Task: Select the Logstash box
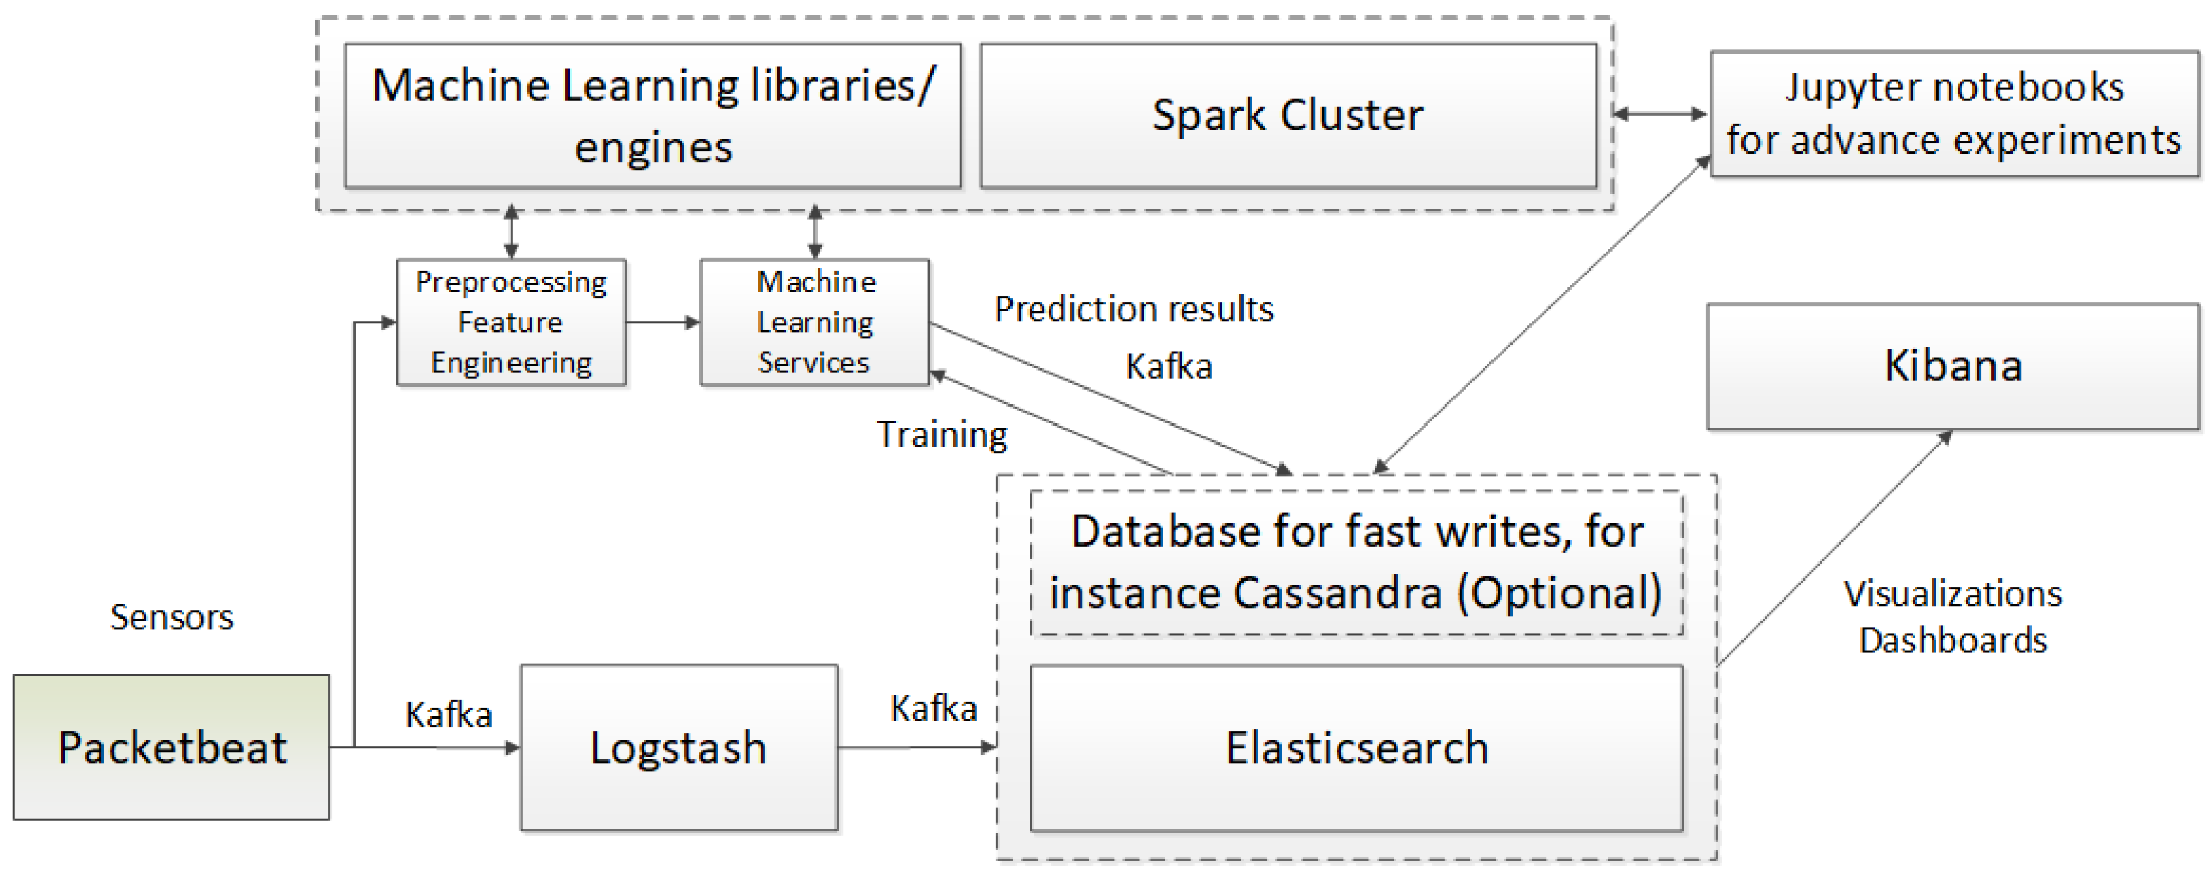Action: point(678,747)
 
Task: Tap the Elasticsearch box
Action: point(1356,747)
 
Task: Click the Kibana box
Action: point(1953,366)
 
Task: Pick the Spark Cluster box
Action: point(1287,116)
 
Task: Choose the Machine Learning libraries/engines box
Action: point(653,116)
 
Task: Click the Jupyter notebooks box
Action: point(1953,114)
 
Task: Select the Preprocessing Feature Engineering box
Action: point(511,323)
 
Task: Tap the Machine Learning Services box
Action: point(815,323)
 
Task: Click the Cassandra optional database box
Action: point(1356,563)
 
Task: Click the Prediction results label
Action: point(1134,309)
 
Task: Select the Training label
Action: point(941,435)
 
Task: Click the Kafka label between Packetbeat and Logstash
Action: point(449,714)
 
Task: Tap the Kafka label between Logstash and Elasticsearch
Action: point(934,709)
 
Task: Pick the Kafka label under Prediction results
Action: point(1169,367)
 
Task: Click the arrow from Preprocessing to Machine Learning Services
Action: point(662,323)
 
